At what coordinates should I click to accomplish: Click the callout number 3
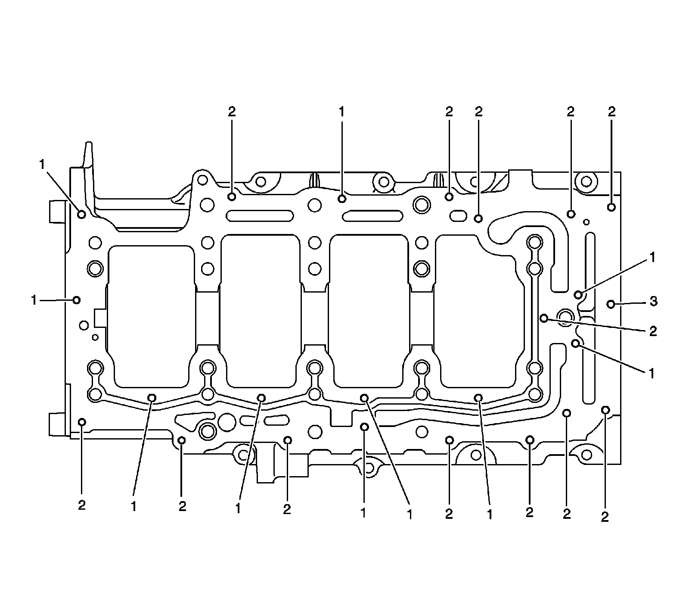click(653, 302)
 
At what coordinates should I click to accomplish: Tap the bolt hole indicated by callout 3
click(611, 305)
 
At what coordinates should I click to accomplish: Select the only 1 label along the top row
click(341, 112)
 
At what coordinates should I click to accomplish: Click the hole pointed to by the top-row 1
click(342, 198)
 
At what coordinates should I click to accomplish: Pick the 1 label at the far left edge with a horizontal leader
click(34, 300)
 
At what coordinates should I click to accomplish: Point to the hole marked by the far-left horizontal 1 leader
click(77, 300)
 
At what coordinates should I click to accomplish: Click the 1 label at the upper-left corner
click(42, 165)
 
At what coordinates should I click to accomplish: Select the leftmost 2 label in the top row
click(232, 112)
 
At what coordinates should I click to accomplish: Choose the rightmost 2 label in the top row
click(611, 112)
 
